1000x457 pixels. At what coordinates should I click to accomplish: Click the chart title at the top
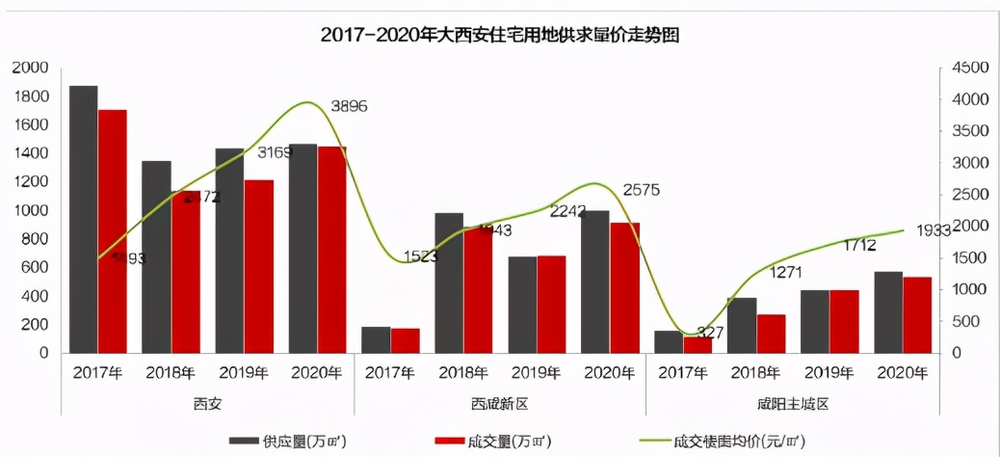500,36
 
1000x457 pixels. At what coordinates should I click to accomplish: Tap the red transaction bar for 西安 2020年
332,250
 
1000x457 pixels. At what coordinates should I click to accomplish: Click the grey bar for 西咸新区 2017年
377,339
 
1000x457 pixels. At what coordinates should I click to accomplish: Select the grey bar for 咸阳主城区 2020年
888,312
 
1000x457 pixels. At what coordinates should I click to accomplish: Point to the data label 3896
348,106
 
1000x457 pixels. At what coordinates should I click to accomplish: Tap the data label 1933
934,230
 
